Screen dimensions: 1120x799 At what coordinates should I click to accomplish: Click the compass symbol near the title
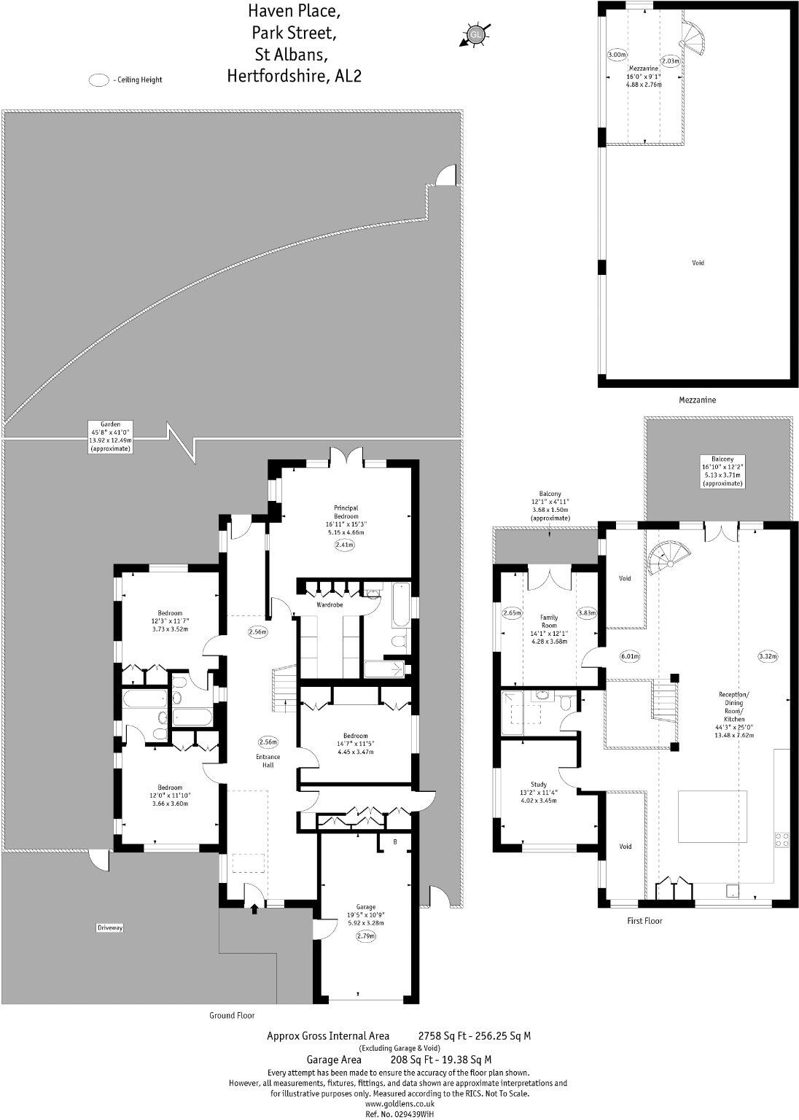(475, 34)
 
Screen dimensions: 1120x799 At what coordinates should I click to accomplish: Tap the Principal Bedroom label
(346, 512)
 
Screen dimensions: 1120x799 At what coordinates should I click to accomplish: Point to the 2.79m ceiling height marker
(366, 936)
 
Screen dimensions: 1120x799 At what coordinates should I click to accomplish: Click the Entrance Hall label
(268, 761)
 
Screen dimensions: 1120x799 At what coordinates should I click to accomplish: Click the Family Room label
(549, 621)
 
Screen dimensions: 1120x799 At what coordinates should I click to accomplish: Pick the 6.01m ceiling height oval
(630, 656)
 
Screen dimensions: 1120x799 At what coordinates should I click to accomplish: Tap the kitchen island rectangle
(713, 816)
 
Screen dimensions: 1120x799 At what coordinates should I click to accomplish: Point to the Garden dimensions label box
(110, 437)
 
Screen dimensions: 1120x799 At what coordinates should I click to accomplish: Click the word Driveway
(110, 928)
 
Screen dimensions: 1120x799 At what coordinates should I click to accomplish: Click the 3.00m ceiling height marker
(617, 55)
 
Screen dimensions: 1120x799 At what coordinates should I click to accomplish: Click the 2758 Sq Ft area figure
(440, 1035)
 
